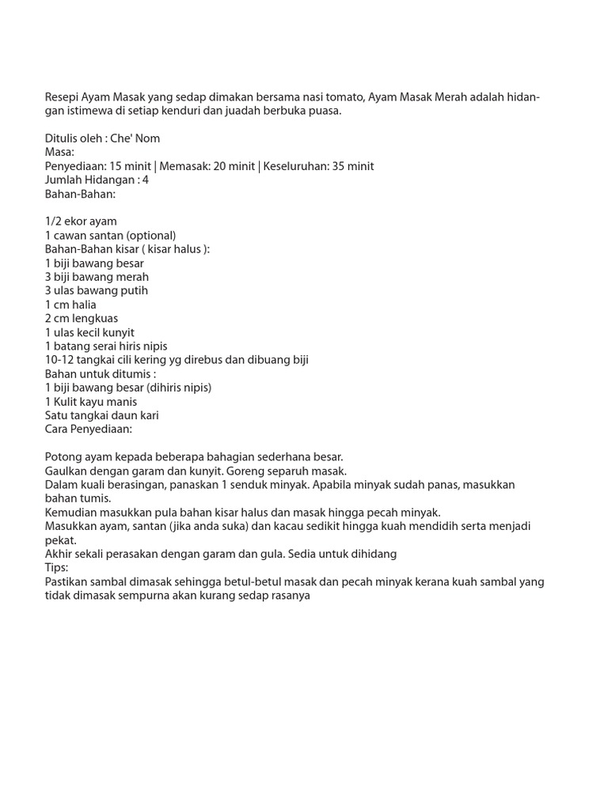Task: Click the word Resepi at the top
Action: (63, 97)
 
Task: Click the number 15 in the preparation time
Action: (116, 166)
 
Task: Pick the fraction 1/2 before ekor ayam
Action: (54, 221)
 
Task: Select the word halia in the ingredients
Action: (83, 305)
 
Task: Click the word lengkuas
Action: (94, 318)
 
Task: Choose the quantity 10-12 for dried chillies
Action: (59, 360)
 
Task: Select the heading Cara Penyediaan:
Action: (89, 429)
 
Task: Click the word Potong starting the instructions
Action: (63, 457)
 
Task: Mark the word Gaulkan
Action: (67, 471)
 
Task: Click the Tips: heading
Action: (57, 568)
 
